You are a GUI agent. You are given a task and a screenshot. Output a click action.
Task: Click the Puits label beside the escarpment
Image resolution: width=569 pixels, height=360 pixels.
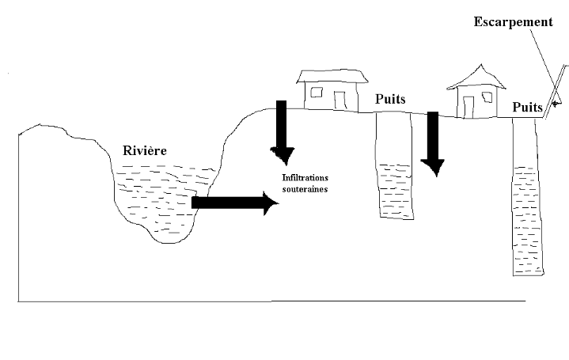click(x=528, y=106)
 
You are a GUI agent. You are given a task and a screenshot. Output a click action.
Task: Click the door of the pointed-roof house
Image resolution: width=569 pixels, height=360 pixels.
click(x=468, y=105)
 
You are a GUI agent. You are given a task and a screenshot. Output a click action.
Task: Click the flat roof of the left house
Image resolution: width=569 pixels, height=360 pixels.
click(x=333, y=77)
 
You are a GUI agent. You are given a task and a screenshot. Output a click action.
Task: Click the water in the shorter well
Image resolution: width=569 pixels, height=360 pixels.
click(x=394, y=194)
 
